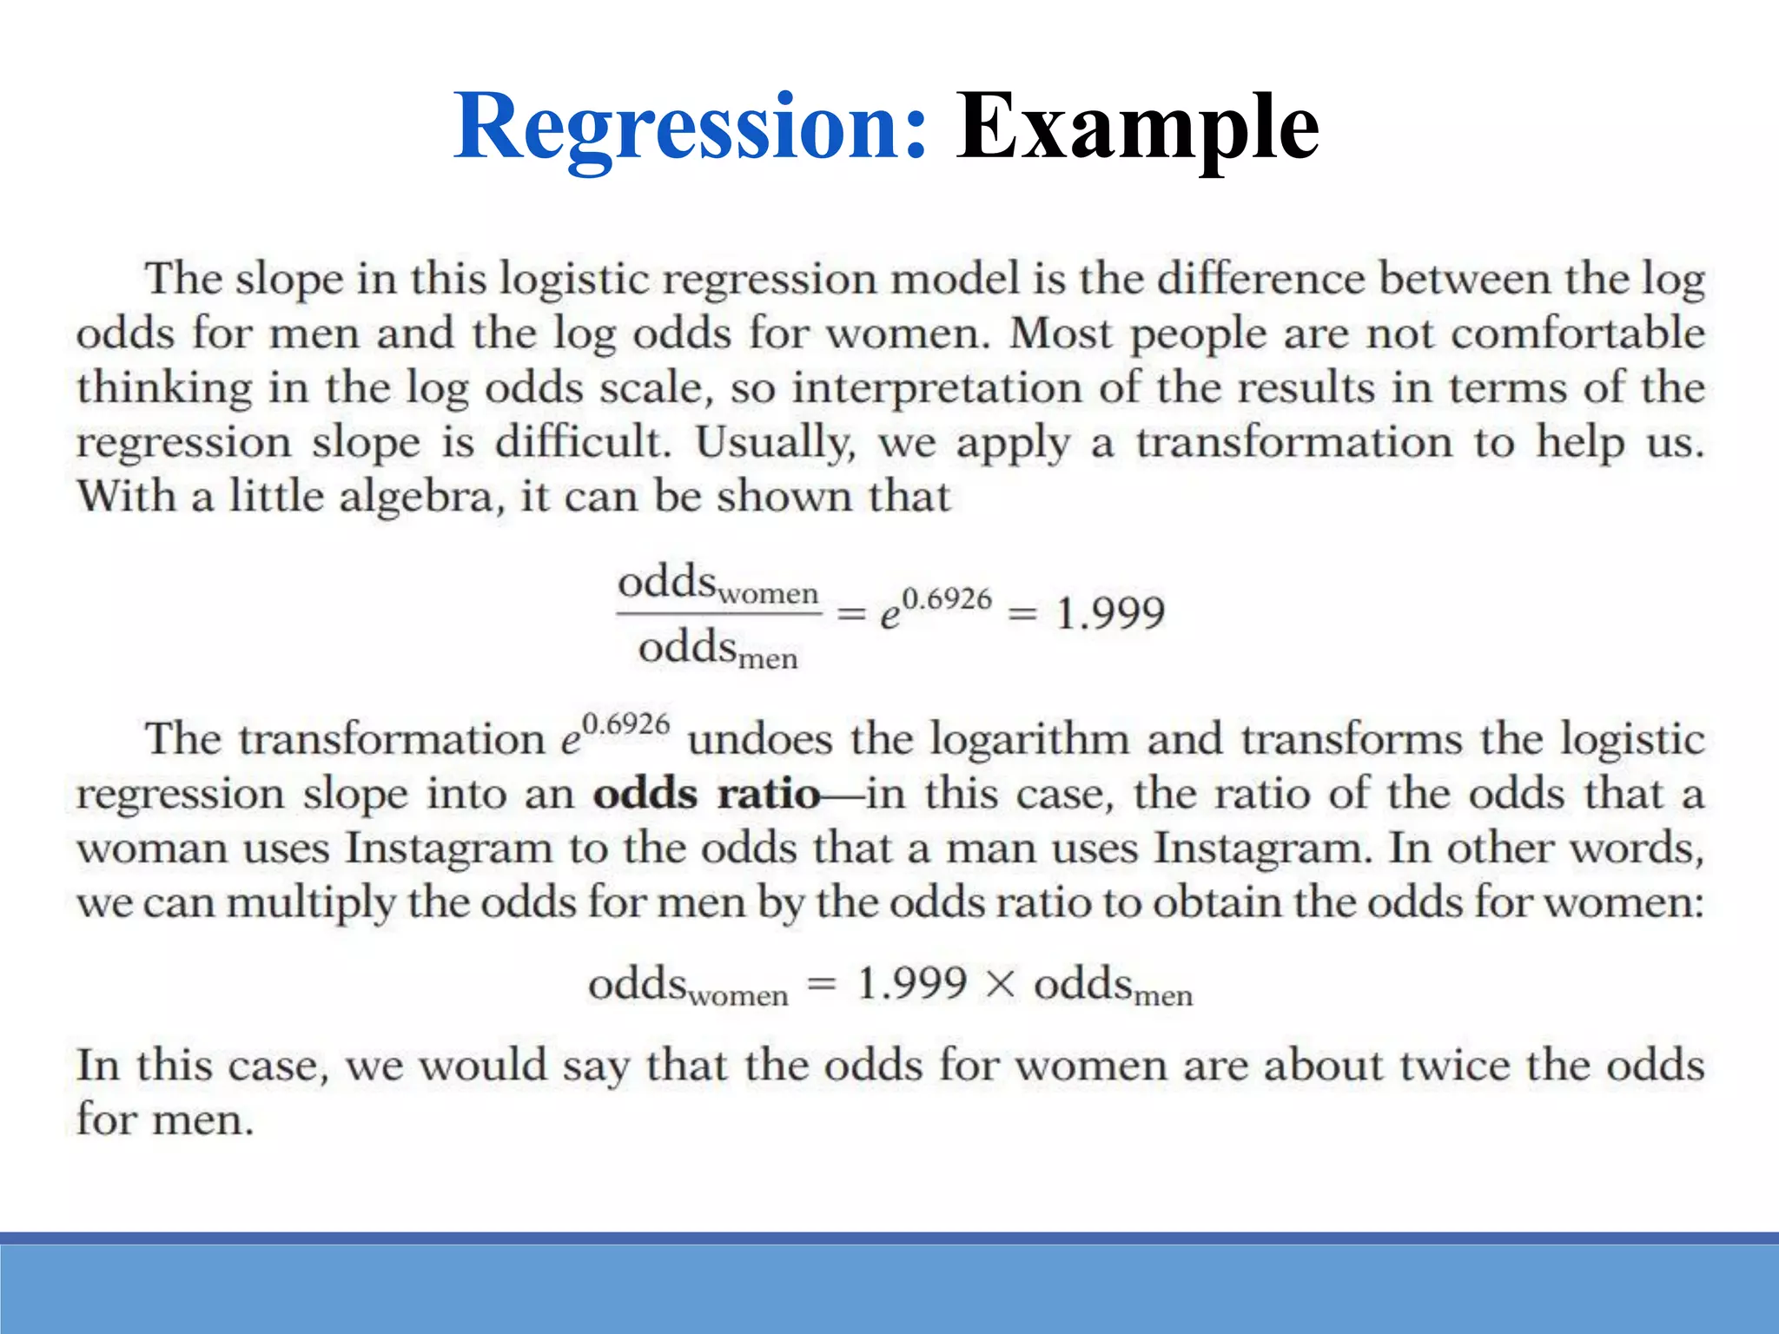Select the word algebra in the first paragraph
421,498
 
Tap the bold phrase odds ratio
706,794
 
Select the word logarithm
1029,741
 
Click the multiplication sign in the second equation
1001,985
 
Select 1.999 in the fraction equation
1110,613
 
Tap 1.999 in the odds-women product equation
912,984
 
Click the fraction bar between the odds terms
718,614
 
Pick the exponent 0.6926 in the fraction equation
947,599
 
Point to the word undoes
759,740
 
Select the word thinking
164,388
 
